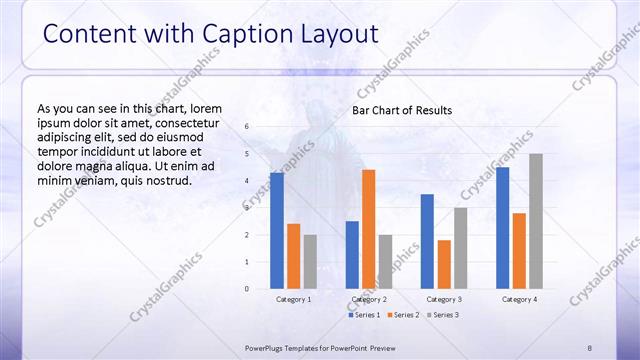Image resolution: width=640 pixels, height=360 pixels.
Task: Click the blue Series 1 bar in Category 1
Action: [x=277, y=231]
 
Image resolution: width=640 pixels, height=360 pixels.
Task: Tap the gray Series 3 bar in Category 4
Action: [x=535, y=221]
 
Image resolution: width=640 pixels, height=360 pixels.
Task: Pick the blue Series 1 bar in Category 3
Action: [x=427, y=241]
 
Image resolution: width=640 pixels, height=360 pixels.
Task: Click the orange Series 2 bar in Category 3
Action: [x=444, y=264]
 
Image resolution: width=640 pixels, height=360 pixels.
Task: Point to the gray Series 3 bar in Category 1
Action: [x=310, y=261]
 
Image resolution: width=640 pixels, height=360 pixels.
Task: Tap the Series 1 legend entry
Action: [x=365, y=315]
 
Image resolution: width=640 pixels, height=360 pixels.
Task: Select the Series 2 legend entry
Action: [x=403, y=315]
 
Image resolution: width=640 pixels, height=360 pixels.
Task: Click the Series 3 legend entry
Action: [x=442, y=315]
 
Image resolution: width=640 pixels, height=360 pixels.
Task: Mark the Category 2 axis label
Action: [x=368, y=299]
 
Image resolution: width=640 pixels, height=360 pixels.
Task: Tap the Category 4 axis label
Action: [x=519, y=299]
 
